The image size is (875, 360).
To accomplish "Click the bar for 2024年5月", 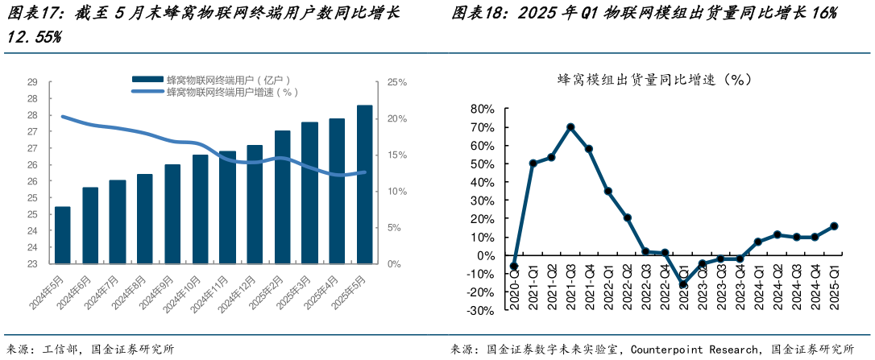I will [62, 235].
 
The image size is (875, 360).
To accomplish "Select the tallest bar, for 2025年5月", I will [364, 184].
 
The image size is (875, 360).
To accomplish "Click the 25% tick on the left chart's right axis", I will [397, 82].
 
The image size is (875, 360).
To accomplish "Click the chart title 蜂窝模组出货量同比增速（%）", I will [654, 79].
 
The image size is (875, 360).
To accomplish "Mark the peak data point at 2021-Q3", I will [570, 126].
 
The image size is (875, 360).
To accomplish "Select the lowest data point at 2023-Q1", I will [684, 284].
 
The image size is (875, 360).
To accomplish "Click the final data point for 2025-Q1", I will [834, 226].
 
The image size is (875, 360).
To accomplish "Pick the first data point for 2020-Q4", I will [514, 267].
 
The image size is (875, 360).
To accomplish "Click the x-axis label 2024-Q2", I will [778, 290].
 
